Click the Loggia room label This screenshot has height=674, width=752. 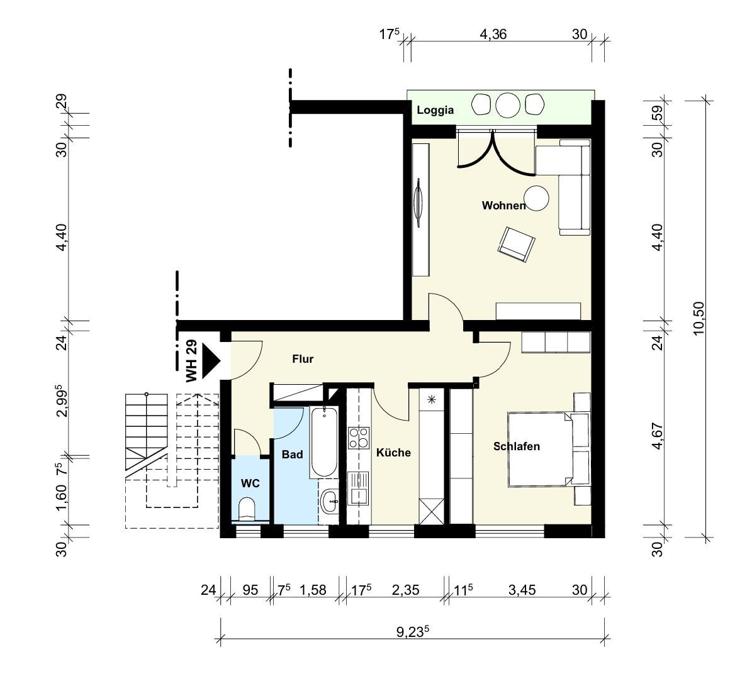tap(435, 110)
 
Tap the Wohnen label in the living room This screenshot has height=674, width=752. tap(503, 206)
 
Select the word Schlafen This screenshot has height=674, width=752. tap(517, 446)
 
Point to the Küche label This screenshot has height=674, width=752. tap(393, 453)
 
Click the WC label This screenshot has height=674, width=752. tap(250, 483)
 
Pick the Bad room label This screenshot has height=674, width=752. tap(292, 454)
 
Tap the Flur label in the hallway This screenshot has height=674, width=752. tap(303, 359)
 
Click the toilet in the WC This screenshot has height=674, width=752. tap(247, 509)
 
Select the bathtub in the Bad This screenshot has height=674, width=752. tap(323, 441)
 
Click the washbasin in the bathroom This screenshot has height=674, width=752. tap(330, 501)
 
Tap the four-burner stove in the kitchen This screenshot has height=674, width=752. tap(359, 438)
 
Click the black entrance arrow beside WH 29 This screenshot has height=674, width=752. tap(210, 360)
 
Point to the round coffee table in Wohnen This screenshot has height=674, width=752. tap(536, 198)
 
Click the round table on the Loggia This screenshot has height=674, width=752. tap(508, 105)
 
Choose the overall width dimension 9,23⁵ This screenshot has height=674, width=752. tap(412, 632)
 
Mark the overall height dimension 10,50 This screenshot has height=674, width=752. tap(699, 319)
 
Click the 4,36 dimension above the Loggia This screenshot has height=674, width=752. tap(493, 35)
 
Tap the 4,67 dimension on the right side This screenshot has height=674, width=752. tap(658, 436)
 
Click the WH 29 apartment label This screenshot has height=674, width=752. tap(191, 361)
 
